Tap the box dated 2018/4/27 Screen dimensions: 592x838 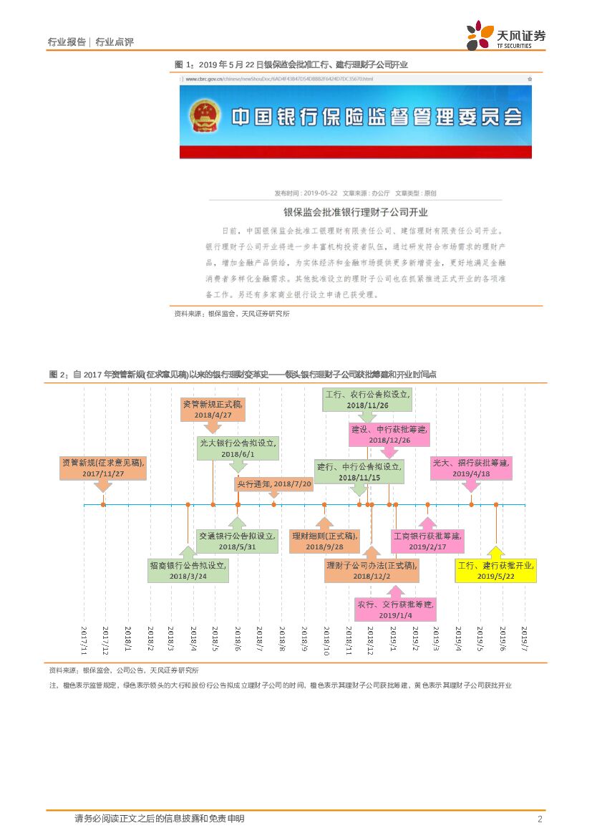213,410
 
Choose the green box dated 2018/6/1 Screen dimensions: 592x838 238,448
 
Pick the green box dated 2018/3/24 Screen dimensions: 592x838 188,570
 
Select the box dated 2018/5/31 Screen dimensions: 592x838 238,541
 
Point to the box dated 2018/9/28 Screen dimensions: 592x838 324,541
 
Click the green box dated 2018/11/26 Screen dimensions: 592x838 367,400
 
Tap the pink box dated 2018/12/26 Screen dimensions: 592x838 389,434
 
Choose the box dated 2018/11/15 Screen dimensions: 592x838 359,471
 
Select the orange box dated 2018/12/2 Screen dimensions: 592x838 372,570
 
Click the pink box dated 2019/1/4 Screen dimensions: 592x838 394,610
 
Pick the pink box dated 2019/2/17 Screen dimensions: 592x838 427,541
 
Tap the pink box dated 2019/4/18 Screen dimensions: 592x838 471,468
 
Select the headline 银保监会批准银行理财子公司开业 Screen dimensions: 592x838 355,213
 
